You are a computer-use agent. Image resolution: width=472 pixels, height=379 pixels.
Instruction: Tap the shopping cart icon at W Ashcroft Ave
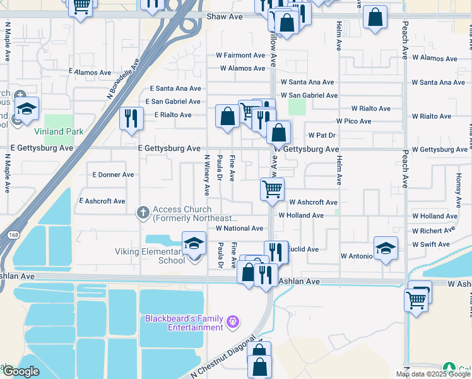click(x=272, y=189)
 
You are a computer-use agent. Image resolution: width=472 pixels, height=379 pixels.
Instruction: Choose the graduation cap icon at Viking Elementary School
click(x=194, y=243)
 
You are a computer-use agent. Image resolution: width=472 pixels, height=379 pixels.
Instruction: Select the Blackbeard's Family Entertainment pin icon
click(x=233, y=322)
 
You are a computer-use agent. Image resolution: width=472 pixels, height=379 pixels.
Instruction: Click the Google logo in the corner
click(x=21, y=371)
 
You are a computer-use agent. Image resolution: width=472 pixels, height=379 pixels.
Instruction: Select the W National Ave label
click(x=239, y=229)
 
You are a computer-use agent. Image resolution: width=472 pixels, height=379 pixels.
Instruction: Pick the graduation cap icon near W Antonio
click(x=386, y=249)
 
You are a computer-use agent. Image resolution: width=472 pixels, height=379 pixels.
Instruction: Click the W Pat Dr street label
click(x=322, y=135)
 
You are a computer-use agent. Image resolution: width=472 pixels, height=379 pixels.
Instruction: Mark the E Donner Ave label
click(x=113, y=174)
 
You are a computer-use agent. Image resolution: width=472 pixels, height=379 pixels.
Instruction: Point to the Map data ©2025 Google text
click(x=433, y=374)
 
